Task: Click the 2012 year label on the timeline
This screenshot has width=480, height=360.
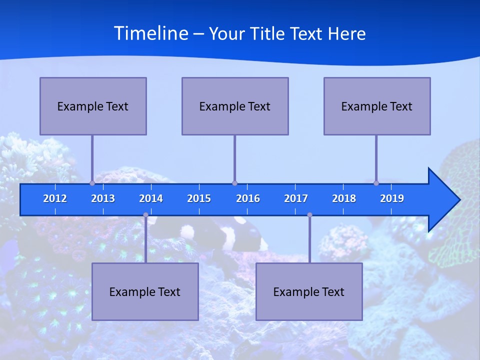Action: point(55,198)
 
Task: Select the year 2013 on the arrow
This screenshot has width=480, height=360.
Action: point(103,198)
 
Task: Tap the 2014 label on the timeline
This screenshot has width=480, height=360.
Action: point(151,198)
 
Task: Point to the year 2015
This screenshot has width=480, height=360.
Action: point(199,198)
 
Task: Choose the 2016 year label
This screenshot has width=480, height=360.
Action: point(248,198)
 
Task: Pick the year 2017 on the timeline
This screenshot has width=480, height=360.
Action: point(296,198)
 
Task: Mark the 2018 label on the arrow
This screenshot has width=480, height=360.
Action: point(344,198)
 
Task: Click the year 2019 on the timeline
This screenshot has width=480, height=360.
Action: point(392,198)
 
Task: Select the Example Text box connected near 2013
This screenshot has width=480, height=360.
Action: point(93,106)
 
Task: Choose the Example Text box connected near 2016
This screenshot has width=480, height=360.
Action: point(235,106)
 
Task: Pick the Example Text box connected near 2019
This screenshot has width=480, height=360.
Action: point(377,106)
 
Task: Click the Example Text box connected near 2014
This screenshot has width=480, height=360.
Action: point(145,291)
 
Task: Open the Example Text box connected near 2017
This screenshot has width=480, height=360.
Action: point(309,291)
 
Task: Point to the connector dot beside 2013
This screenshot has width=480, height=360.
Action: point(92,183)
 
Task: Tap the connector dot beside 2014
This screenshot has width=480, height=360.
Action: point(145,215)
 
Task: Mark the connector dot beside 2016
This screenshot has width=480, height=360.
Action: point(234,183)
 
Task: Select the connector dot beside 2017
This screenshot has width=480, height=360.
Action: point(309,215)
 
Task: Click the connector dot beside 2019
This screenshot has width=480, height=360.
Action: point(376,183)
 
